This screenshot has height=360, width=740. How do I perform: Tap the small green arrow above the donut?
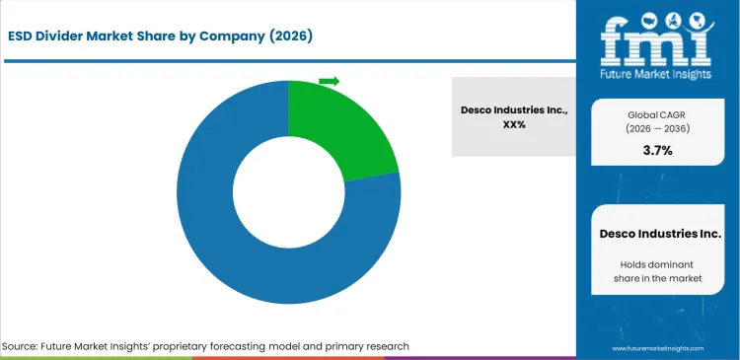tap(330, 81)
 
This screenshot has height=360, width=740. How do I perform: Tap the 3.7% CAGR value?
tap(657, 152)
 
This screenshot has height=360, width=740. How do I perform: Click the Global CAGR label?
tap(657, 114)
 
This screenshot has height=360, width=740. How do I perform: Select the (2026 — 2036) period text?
tap(657, 129)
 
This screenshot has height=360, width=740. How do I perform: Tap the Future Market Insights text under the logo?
tap(657, 72)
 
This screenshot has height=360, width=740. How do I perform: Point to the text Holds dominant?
tap(659, 264)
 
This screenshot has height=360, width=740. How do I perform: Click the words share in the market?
tap(659, 280)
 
